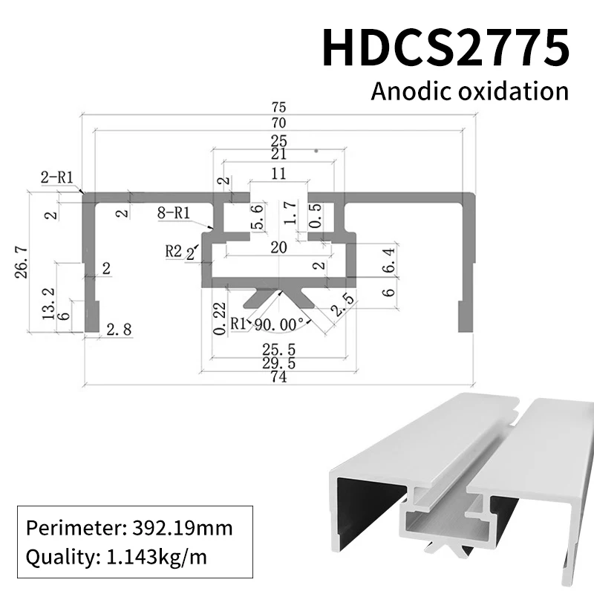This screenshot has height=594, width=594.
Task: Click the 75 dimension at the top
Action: tap(279, 108)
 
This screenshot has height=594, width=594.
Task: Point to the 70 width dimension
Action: tap(279, 123)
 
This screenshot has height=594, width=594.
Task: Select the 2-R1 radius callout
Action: tap(56, 177)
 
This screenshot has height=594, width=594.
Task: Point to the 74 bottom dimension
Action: tap(280, 376)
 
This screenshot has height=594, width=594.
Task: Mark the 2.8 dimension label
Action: tap(119, 330)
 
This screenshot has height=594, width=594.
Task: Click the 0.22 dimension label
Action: tap(218, 318)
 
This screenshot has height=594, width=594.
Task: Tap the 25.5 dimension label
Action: tap(280, 347)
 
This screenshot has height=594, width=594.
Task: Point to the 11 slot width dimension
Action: tap(278, 174)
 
